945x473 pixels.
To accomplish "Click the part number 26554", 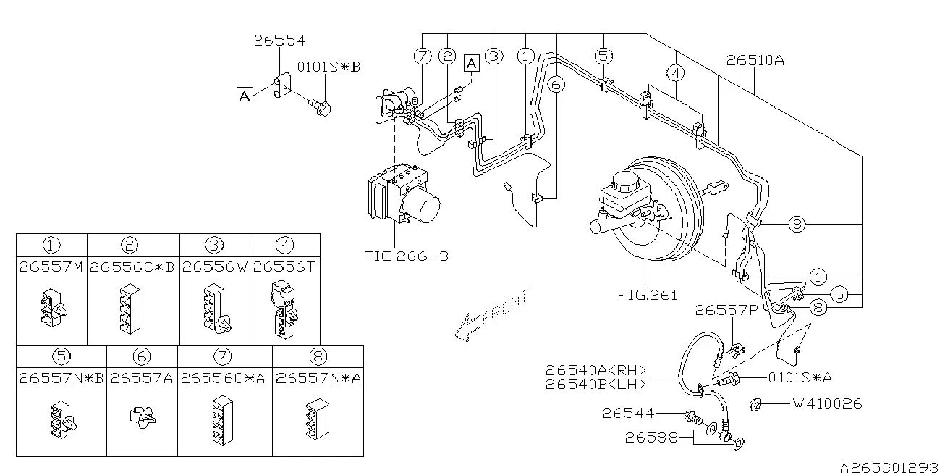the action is click(x=279, y=41).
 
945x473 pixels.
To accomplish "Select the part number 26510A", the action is click(x=755, y=60).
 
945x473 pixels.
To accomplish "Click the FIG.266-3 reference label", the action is click(x=406, y=256).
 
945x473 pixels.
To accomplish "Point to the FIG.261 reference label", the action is click(x=648, y=295).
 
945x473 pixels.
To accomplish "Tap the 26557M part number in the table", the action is click(x=51, y=267).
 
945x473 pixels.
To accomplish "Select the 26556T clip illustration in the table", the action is click(x=284, y=310).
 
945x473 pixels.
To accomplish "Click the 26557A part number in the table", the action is click(x=141, y=378).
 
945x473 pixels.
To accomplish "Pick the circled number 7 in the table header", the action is click(x=223, y=356).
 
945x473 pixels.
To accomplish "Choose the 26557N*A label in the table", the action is click(x=318, y=378).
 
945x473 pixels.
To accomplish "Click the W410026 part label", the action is click(x=828, y=403).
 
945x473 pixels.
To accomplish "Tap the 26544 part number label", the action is click(x=628, y=413).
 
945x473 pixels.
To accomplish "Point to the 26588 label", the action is click(x=651, y=438).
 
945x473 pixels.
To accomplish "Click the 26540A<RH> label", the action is click(x=596, y=370).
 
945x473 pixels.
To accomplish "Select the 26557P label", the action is click(x=726, y=311).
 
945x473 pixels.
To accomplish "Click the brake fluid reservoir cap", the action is click(x=626, y=182).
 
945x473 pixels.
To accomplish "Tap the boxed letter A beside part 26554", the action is click(x=245, y=96).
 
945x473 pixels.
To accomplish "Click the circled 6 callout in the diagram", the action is click(x=556, y=85).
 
